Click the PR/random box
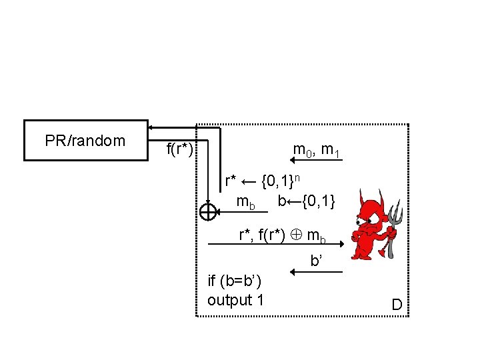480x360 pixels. [85, 141]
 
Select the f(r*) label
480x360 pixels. [179, 149]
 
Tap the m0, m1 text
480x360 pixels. [317, 151]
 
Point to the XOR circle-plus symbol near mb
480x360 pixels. [208, 212]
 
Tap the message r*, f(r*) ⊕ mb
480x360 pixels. [283, 235]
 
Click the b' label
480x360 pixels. [317, 261]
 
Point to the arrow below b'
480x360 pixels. [317, 272]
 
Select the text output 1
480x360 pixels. [235, 300]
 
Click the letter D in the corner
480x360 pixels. [397, 305]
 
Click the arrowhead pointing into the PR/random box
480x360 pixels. [151, 126]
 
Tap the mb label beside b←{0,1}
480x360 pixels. [246, 201]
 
